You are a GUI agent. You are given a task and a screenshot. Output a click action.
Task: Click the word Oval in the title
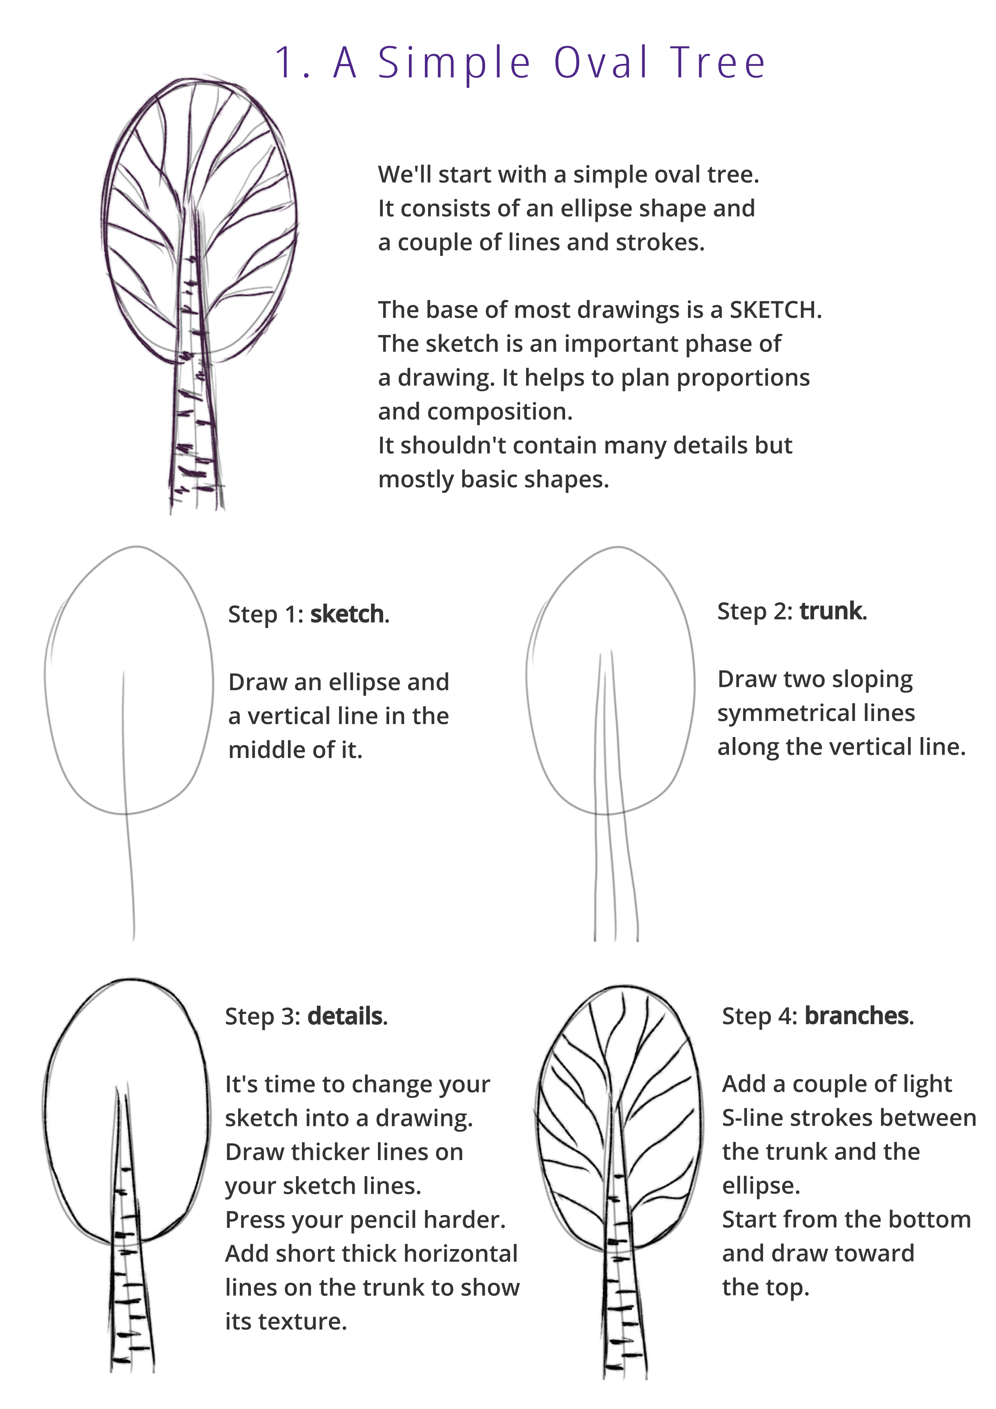[x=601, y=63]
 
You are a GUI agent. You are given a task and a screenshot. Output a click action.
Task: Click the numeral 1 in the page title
[x=284, y=63]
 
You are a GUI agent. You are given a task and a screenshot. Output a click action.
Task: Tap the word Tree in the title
[x=718, y=63]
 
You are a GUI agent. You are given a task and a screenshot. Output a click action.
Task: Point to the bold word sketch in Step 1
[x=347, y=614]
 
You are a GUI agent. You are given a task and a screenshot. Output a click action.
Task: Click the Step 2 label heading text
[x=755, y=611]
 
